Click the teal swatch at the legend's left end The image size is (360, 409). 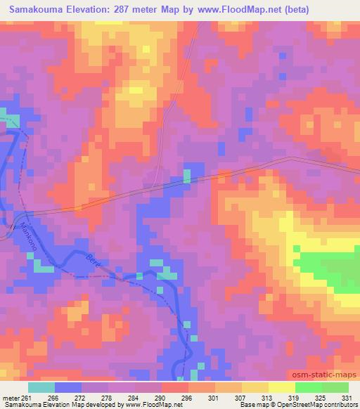tap(41, 388)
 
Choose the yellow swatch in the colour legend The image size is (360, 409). tap(281, 388)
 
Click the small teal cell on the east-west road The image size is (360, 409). tap(187, 175)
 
